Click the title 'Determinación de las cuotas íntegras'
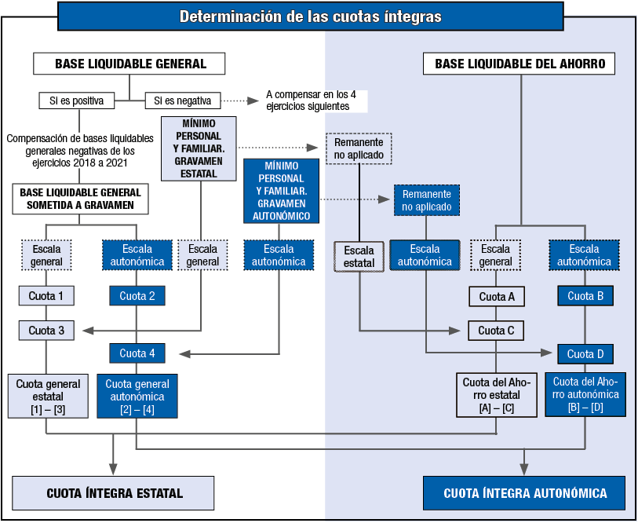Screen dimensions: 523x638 (x=310, y=16)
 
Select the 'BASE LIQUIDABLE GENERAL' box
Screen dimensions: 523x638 (x=130, y=64)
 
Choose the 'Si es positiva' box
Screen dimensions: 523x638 (x=76, y=101)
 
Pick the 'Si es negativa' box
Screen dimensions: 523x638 (x=183, y=101)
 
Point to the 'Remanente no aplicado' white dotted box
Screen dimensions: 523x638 (x=359, y=148)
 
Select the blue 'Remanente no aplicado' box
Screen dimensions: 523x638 (x=426, y=200)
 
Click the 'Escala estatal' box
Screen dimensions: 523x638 (x=359, y=256)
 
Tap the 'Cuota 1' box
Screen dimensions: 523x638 (x=46, y=296)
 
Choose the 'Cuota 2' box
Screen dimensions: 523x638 (x=137, y=296)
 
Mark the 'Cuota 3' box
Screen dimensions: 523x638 (x=46, y=331)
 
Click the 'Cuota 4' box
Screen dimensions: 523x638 (x=137, y=353)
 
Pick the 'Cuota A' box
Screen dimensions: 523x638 (x=497, y=296)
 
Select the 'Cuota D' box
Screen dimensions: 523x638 (x=585, y=353)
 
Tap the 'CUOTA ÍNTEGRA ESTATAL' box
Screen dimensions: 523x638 (x=115, y=493)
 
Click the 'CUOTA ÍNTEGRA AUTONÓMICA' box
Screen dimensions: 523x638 (x=525, y=493)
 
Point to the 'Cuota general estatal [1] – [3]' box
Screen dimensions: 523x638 (x=49, y=396)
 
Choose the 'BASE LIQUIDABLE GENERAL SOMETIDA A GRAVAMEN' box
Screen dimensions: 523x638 (x=81, y=199)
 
